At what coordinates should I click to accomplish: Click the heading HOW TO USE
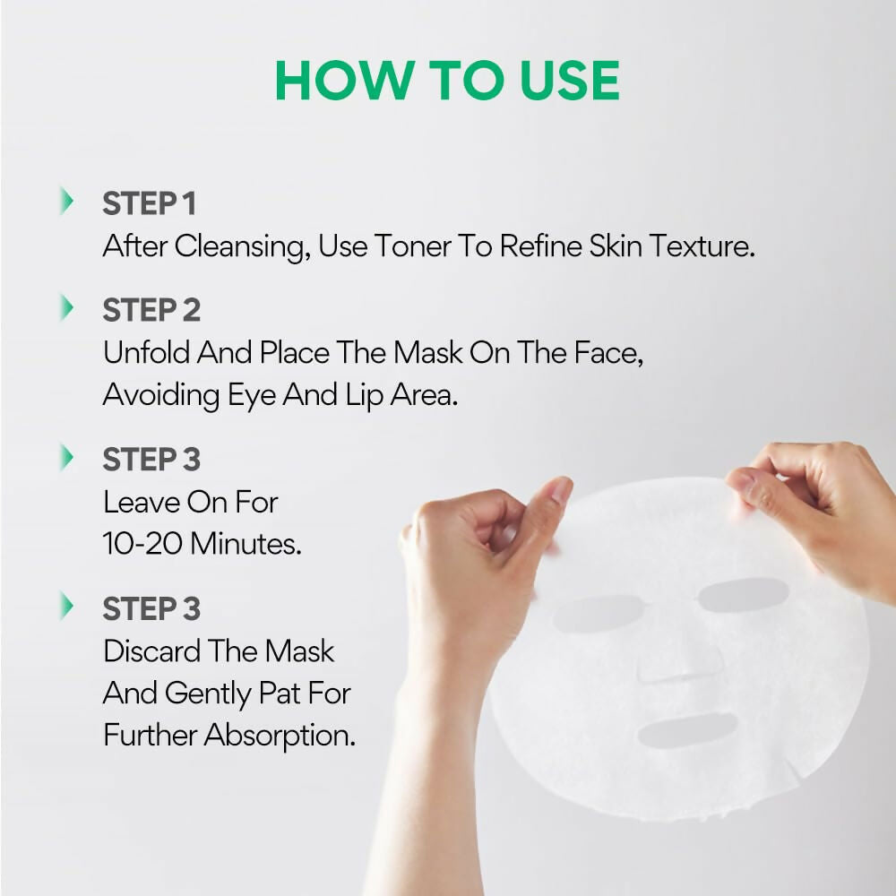pos(447,81)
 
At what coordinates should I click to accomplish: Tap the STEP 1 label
pos(149,203)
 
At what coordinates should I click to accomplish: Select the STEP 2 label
pos(151,310)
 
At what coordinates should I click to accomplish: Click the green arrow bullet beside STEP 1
pos(66,202)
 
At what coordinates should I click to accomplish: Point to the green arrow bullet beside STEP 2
pos(66,308)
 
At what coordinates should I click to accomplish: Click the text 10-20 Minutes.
pos(202,544)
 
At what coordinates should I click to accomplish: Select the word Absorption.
pos(280,736)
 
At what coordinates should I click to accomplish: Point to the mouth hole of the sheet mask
pos(687,731)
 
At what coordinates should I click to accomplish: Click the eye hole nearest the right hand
pos(743,595)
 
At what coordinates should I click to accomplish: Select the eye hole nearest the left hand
pos(598,614)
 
